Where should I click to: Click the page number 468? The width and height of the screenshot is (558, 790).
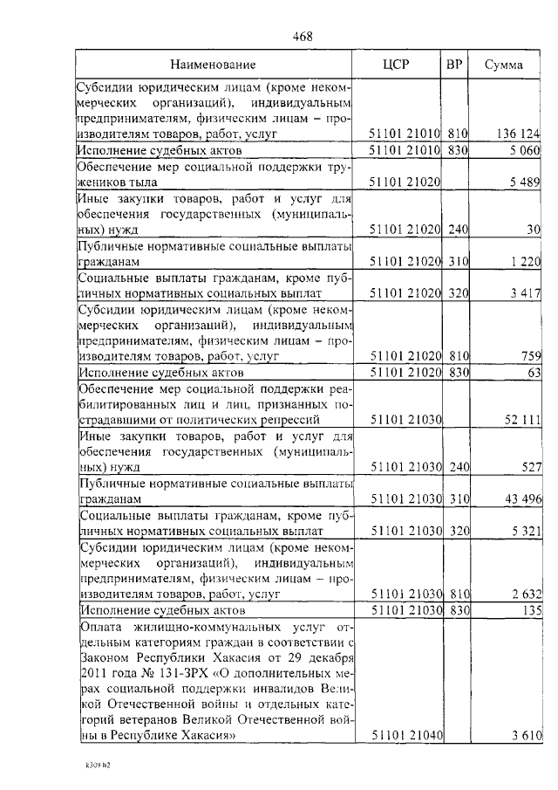coord(303,36)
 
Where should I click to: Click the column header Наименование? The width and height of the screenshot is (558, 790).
coord(213,65)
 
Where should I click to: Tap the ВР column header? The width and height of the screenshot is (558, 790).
coord(453,65)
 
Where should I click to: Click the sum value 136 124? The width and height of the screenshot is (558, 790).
coord(520,134)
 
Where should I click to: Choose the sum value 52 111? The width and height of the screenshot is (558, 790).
coord(522,420)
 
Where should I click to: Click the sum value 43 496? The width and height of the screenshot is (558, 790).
coord(522,498)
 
